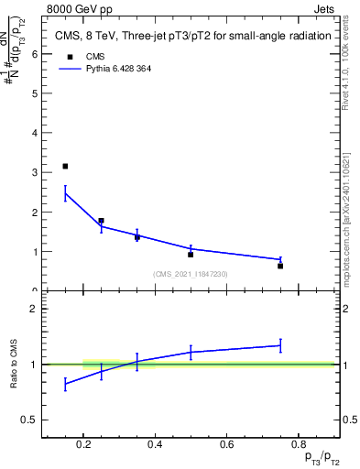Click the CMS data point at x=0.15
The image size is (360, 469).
point(65,166)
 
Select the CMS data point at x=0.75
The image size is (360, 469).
point(280,266)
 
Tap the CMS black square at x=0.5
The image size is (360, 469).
point(191,254)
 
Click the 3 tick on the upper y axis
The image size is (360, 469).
point(35,172)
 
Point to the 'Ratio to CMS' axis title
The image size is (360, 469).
point(14,364)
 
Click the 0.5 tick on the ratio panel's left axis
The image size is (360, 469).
point(29,420)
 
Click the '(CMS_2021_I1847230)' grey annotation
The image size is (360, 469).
point(191,274)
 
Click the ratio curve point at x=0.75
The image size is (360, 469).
point(280,345)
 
